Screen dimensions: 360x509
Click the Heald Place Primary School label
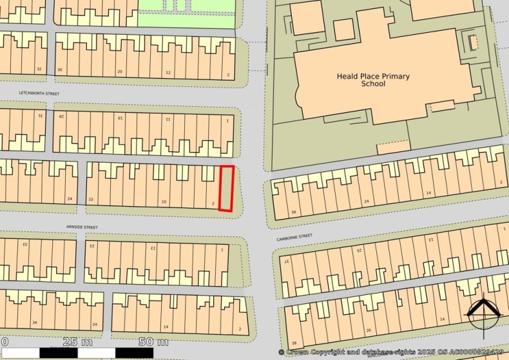point(372,80)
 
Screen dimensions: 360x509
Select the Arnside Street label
point(81,227)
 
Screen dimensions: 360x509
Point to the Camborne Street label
point(294,236)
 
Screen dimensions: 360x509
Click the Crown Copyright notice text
point(392,352)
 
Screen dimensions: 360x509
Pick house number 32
point(39,69)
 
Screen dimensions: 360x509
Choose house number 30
point(60,70)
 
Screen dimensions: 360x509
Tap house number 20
point(119,71)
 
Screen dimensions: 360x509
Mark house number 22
point(91,200)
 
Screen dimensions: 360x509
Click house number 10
point(164,202)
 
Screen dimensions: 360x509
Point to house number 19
point(120,118)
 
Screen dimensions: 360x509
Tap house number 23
point(91,245)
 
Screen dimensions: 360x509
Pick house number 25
point(360,249)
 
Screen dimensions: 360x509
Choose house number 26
point(369,330)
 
